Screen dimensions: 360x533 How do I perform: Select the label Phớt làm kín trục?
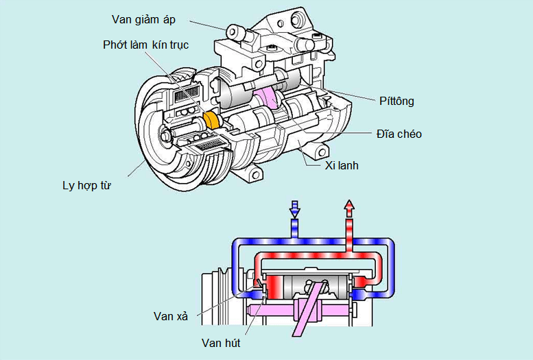[x=145, y=45]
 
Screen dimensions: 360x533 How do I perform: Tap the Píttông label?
[x=396, y=101]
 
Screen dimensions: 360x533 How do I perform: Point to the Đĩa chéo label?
[x=399, y=134]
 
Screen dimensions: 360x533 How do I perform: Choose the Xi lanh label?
[x=342, y=165]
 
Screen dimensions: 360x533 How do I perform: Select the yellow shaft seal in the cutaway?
[x=213, y=121]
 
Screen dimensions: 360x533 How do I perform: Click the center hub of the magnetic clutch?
[x=165, y=136]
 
